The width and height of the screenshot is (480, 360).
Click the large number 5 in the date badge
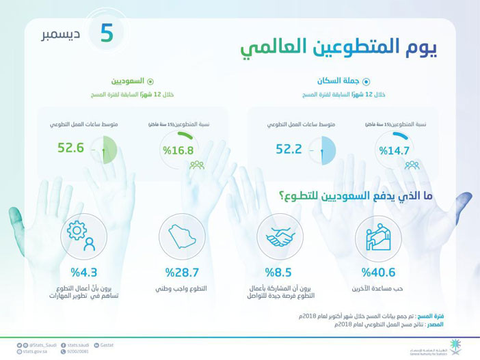106,34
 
